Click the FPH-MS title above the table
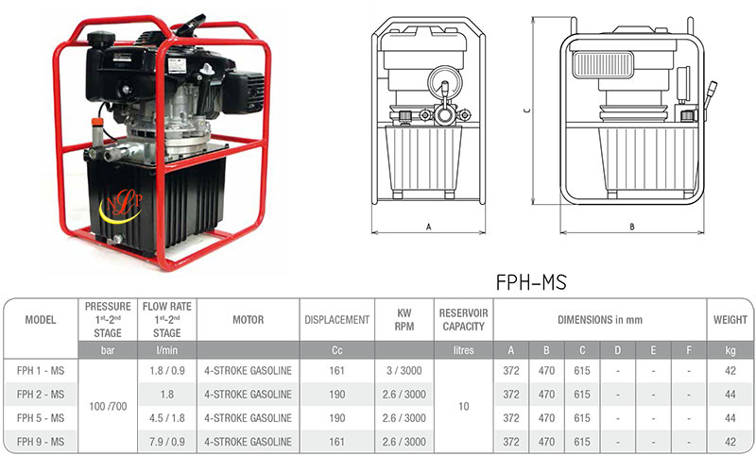(x=531, y=282)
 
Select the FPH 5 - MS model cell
(x=41, y=418)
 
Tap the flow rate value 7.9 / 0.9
(x=167, y=442)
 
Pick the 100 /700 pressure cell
(x=108, y=406)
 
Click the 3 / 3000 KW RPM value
(x=404, y=371)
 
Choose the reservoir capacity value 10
(x=463, y=406)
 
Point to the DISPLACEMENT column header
(x=337, y=320)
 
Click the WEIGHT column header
(x=730, y=320)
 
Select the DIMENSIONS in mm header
(x=600, y=320)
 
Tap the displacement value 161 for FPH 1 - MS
(x=337, y=371)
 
